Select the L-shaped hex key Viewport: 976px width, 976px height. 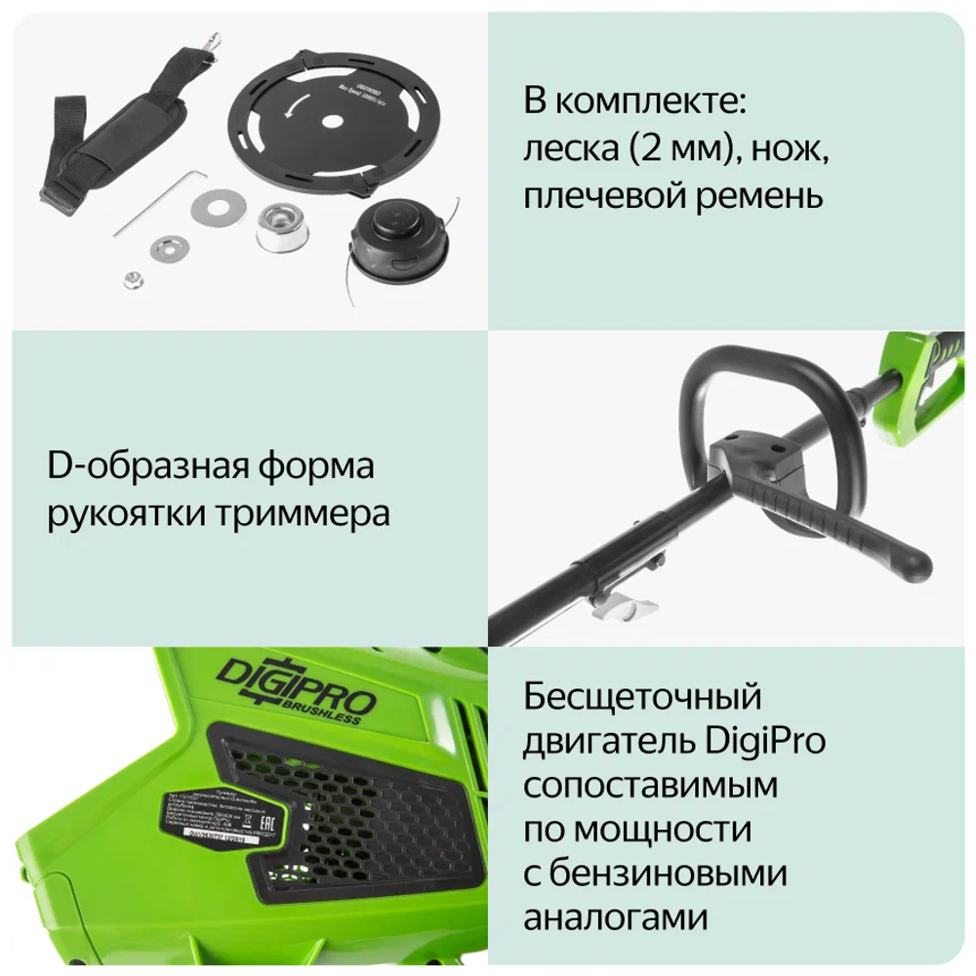click(x=162, y=199)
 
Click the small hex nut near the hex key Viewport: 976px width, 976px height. click(x=131, y=279)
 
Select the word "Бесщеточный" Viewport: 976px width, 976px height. click(x=642, y=697)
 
